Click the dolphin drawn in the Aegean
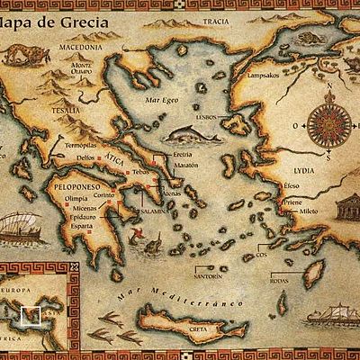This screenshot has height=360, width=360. (x=188, y=138)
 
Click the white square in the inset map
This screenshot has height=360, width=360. (x=31, y=316)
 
